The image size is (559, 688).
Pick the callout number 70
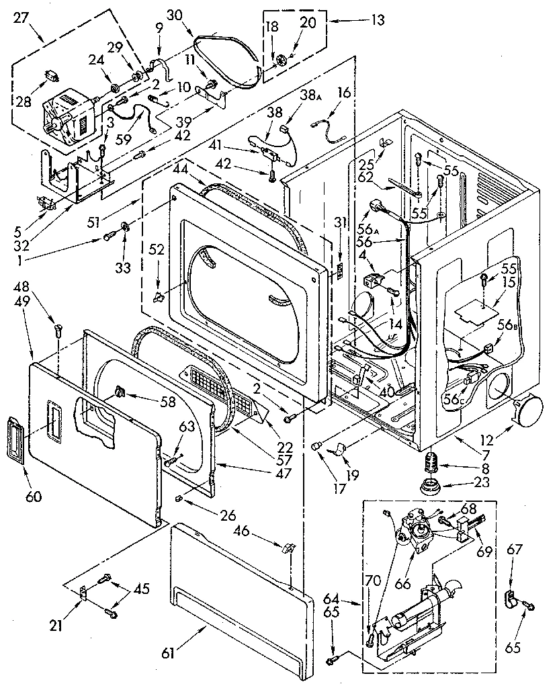372,581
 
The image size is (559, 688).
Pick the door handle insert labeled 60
18,439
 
